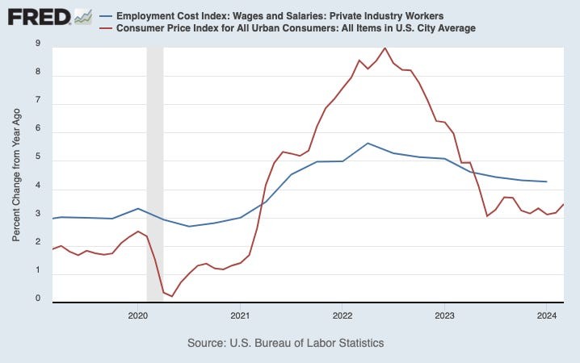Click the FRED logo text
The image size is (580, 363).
[37, 17]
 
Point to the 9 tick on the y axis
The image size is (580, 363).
[38, 44]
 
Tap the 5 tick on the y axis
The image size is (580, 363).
[38, 160]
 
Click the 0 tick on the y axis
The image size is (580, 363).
[38, 299]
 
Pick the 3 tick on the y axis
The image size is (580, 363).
[38, 217]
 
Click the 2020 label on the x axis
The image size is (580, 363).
[137, 314]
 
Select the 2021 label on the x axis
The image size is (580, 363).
[240, 314]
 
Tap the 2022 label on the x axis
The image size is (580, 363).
[342, 314]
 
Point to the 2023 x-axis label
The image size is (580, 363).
[444, 314]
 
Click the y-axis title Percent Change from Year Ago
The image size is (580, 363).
[17, 173]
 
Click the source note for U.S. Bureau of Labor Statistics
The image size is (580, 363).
[285, 343]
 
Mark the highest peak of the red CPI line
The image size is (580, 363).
[385, 48]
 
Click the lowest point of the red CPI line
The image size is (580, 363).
[172, 296]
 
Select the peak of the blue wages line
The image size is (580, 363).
[368, 143]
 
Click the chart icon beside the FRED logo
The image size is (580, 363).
[82, 16]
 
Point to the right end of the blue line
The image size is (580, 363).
[547, 181]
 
